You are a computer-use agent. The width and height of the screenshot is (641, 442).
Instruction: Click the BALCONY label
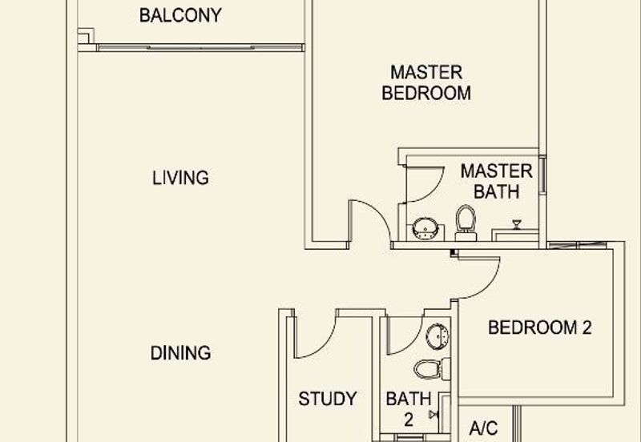180,15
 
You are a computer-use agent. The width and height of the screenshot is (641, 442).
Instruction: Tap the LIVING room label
181,178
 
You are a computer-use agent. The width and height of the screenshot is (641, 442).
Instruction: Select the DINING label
181,353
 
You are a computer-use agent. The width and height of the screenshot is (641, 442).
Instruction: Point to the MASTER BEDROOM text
426,82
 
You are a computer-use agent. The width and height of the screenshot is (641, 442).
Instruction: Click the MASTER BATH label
496,182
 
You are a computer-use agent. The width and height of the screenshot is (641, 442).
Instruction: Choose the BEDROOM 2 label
539,327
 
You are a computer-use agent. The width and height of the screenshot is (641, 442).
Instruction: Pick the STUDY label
328,399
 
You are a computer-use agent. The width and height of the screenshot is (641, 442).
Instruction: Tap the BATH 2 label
409,409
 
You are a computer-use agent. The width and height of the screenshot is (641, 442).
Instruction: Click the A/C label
484,428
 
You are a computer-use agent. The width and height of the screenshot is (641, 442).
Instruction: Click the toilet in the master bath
466,223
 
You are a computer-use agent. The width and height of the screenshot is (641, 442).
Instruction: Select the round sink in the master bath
425,229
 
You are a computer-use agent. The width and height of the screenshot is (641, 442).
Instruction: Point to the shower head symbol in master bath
517,224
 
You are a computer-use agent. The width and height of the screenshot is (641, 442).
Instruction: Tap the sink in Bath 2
437,336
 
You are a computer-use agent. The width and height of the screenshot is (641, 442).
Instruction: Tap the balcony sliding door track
200,47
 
